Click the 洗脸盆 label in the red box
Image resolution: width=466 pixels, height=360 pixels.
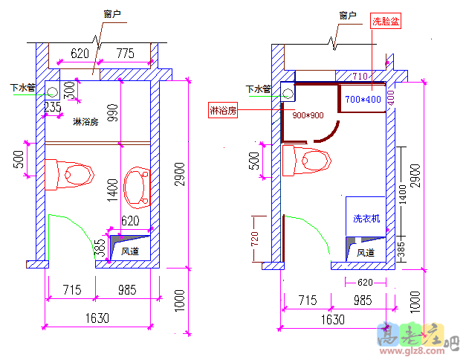coord(386,22)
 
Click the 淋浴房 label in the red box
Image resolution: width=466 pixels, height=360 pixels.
coord(223,111)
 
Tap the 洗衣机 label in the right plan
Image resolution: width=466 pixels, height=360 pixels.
coord(366,218)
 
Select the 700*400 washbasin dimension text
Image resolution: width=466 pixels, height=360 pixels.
coord(363,99)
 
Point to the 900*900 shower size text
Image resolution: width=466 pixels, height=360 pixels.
coord(308,115)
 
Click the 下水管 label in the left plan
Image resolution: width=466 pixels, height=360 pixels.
coord(22,88)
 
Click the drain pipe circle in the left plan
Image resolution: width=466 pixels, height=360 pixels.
coord(53,91)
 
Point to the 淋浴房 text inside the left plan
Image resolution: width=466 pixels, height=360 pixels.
coord(86,122)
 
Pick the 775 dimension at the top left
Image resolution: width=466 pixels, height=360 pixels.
coord(125,53)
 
